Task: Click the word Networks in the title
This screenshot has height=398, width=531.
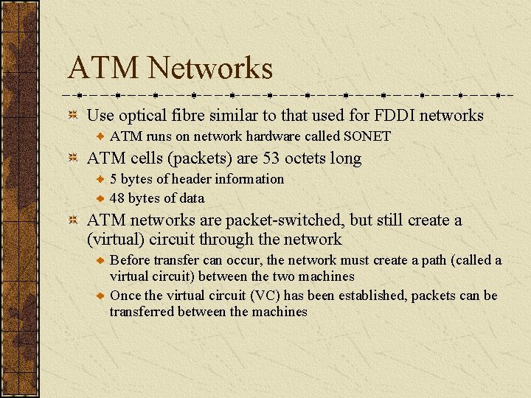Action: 210,68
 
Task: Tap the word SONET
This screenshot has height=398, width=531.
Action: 367,136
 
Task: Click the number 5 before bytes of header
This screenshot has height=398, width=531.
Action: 113,179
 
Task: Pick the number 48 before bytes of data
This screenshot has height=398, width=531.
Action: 117,198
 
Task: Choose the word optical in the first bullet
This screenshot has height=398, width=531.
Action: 143,116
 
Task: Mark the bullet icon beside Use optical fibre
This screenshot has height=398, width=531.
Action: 74,115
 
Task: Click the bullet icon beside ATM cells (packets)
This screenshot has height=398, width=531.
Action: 74,158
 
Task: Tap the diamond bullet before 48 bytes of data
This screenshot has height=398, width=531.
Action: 100,198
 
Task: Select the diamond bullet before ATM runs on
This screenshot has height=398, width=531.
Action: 100,136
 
